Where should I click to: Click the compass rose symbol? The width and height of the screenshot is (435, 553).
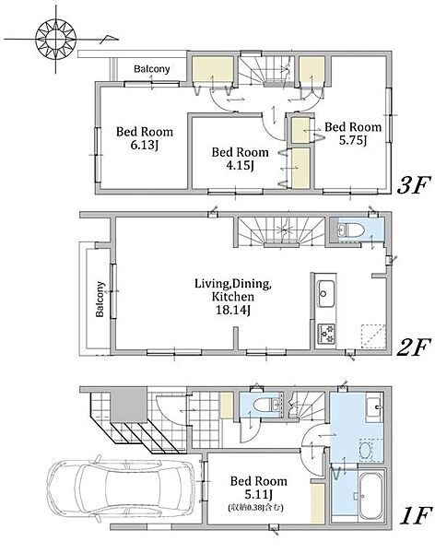(x=55, y=40)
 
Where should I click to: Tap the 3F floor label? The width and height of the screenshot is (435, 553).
(x=414, y=185)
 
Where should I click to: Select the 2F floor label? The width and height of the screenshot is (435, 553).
(x=414, y=347)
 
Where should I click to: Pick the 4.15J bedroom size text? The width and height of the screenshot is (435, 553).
(x=240, y=165)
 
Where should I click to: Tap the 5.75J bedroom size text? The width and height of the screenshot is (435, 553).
(x=353, y=140)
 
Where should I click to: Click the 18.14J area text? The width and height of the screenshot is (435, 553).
(x=233, y=310)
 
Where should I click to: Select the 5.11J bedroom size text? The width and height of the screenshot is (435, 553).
(x=258, y=494)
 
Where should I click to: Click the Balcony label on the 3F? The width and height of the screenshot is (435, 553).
(x=152, y=69)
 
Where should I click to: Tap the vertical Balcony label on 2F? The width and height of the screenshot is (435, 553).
(x=100, y=299)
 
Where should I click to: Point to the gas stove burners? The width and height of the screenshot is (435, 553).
(x=326, y=334)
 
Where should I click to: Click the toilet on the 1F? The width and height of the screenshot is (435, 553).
(x=263, y=405)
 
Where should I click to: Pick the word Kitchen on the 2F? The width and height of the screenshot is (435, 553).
(x=233, y=297)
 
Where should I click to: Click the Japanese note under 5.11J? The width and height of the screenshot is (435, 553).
(x=256, y=508)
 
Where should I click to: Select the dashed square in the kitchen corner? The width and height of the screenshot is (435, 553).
(x=373, y=335)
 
